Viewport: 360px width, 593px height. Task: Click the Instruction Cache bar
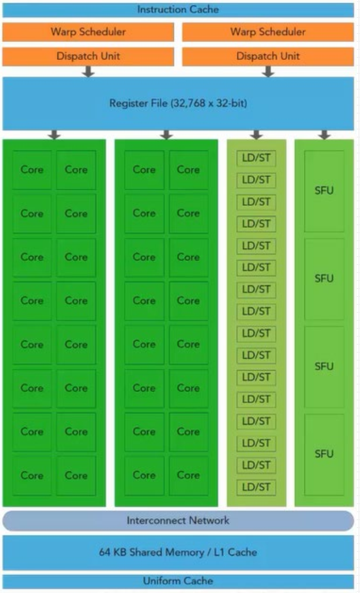178,10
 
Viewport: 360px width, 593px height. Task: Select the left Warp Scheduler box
88,32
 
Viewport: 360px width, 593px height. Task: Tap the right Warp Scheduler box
268,32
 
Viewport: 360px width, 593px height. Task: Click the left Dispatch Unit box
88,56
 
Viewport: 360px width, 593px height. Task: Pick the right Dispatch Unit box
268,56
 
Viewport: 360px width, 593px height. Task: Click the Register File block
178,103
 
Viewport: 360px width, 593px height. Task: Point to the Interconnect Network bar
178,521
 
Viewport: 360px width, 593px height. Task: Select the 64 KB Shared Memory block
178,552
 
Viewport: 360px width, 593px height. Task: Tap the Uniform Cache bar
178,581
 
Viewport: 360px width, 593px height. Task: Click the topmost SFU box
324,191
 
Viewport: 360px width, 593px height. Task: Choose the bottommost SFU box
324,454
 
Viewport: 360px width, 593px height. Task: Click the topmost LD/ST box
256,158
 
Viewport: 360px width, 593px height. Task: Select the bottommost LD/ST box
256,487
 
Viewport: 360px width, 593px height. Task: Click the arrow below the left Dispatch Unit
88,71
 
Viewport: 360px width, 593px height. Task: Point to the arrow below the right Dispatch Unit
268,71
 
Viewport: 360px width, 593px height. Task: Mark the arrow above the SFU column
324,134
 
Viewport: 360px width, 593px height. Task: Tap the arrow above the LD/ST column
256,134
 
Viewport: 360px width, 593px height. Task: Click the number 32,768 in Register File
190,103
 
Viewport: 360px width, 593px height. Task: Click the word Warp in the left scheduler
63,32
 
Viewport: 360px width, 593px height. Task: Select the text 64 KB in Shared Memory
112,552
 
